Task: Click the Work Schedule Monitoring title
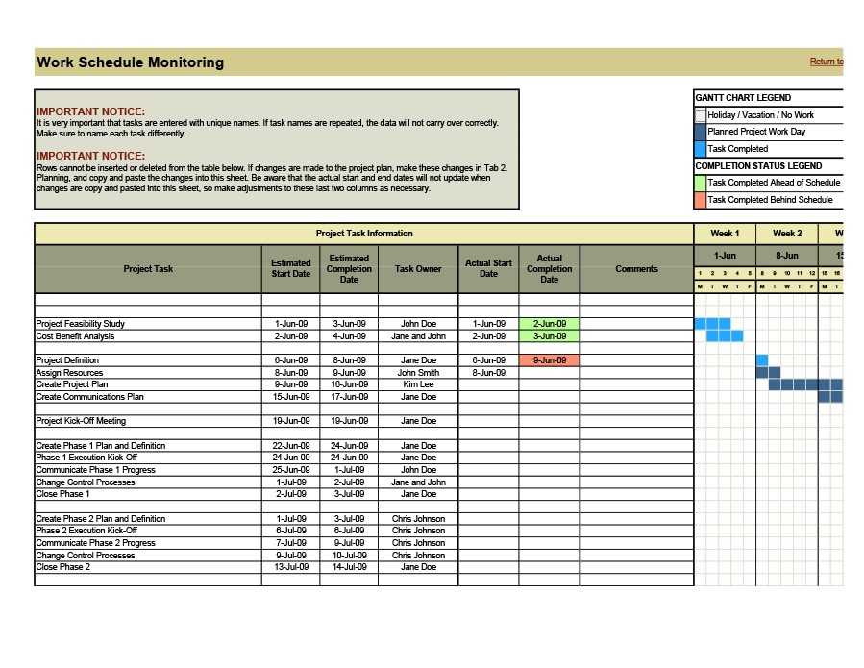coord(130,62)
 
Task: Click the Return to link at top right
coord(826,62)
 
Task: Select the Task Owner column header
coord(418,269)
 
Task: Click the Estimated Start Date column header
coord(290,268)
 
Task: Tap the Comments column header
coord(636,269)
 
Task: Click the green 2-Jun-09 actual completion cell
coord(549,324)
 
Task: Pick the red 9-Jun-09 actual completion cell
coord(549,360)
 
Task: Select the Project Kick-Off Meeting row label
coord(81,421)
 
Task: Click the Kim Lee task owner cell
coord(418,384)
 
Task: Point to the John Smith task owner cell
coord(418,373)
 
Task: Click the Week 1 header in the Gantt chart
coord(725,234)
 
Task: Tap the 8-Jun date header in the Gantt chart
coord(786,256)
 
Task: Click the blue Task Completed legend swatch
coord(700,149)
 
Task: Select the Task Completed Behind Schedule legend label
coord(770,200)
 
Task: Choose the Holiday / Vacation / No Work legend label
coord(760,115)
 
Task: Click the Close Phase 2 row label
coord(63,567)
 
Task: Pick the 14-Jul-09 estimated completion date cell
coord(349,567)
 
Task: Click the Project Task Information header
coord(364,234)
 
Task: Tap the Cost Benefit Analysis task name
coord(75,336)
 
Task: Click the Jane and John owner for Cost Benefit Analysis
coord(418,336)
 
